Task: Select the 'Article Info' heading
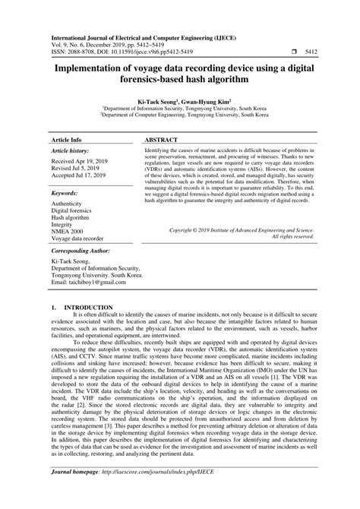[x=68, y=119]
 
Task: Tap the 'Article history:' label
[x=71, y=131]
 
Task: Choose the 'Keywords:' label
[x=66, y=172]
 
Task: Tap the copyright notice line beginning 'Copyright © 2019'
[x=241, y=228]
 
